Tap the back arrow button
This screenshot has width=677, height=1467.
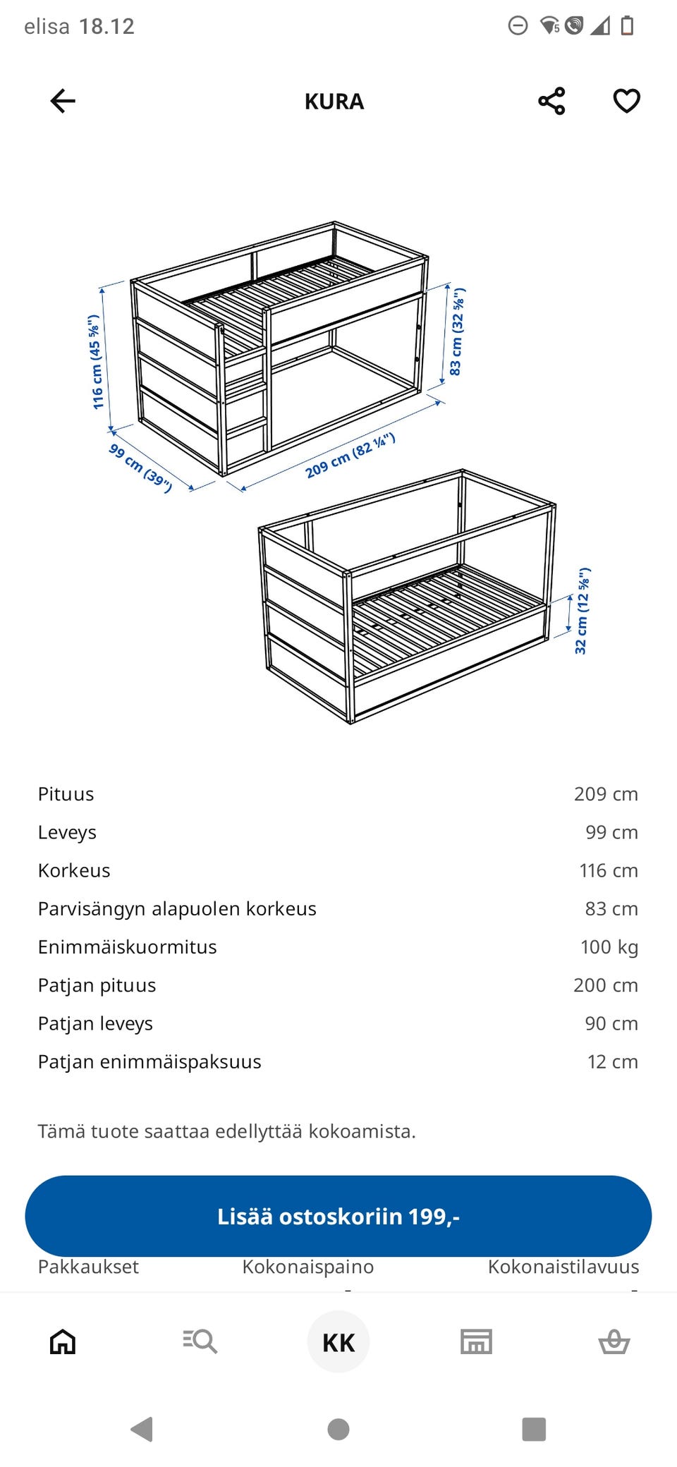click(63, 101)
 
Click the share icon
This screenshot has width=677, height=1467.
click(551, 101)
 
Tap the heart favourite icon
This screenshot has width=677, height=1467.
click(626, 101)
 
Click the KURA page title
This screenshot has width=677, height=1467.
click(334, 102)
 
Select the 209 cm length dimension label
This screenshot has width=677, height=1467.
click(350, 456)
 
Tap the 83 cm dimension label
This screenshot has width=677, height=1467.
click(457, 331)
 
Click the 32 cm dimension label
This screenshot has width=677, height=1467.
click(583, 611)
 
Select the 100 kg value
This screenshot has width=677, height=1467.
click(609, 946)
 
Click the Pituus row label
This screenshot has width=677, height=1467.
click(66, 794)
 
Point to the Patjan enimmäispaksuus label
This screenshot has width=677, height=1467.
click(150, 1061)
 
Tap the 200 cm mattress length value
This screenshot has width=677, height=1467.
click(605, 985)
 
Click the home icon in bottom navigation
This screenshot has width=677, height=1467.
click(63, 1341)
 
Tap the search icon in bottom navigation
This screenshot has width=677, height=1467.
click(200, 1341)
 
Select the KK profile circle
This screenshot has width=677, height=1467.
click(338, 1341)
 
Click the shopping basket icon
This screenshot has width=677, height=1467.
click(614, 1341)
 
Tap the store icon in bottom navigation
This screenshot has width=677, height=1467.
click(476, 1341)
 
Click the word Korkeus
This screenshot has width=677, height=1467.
click(74, 870)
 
